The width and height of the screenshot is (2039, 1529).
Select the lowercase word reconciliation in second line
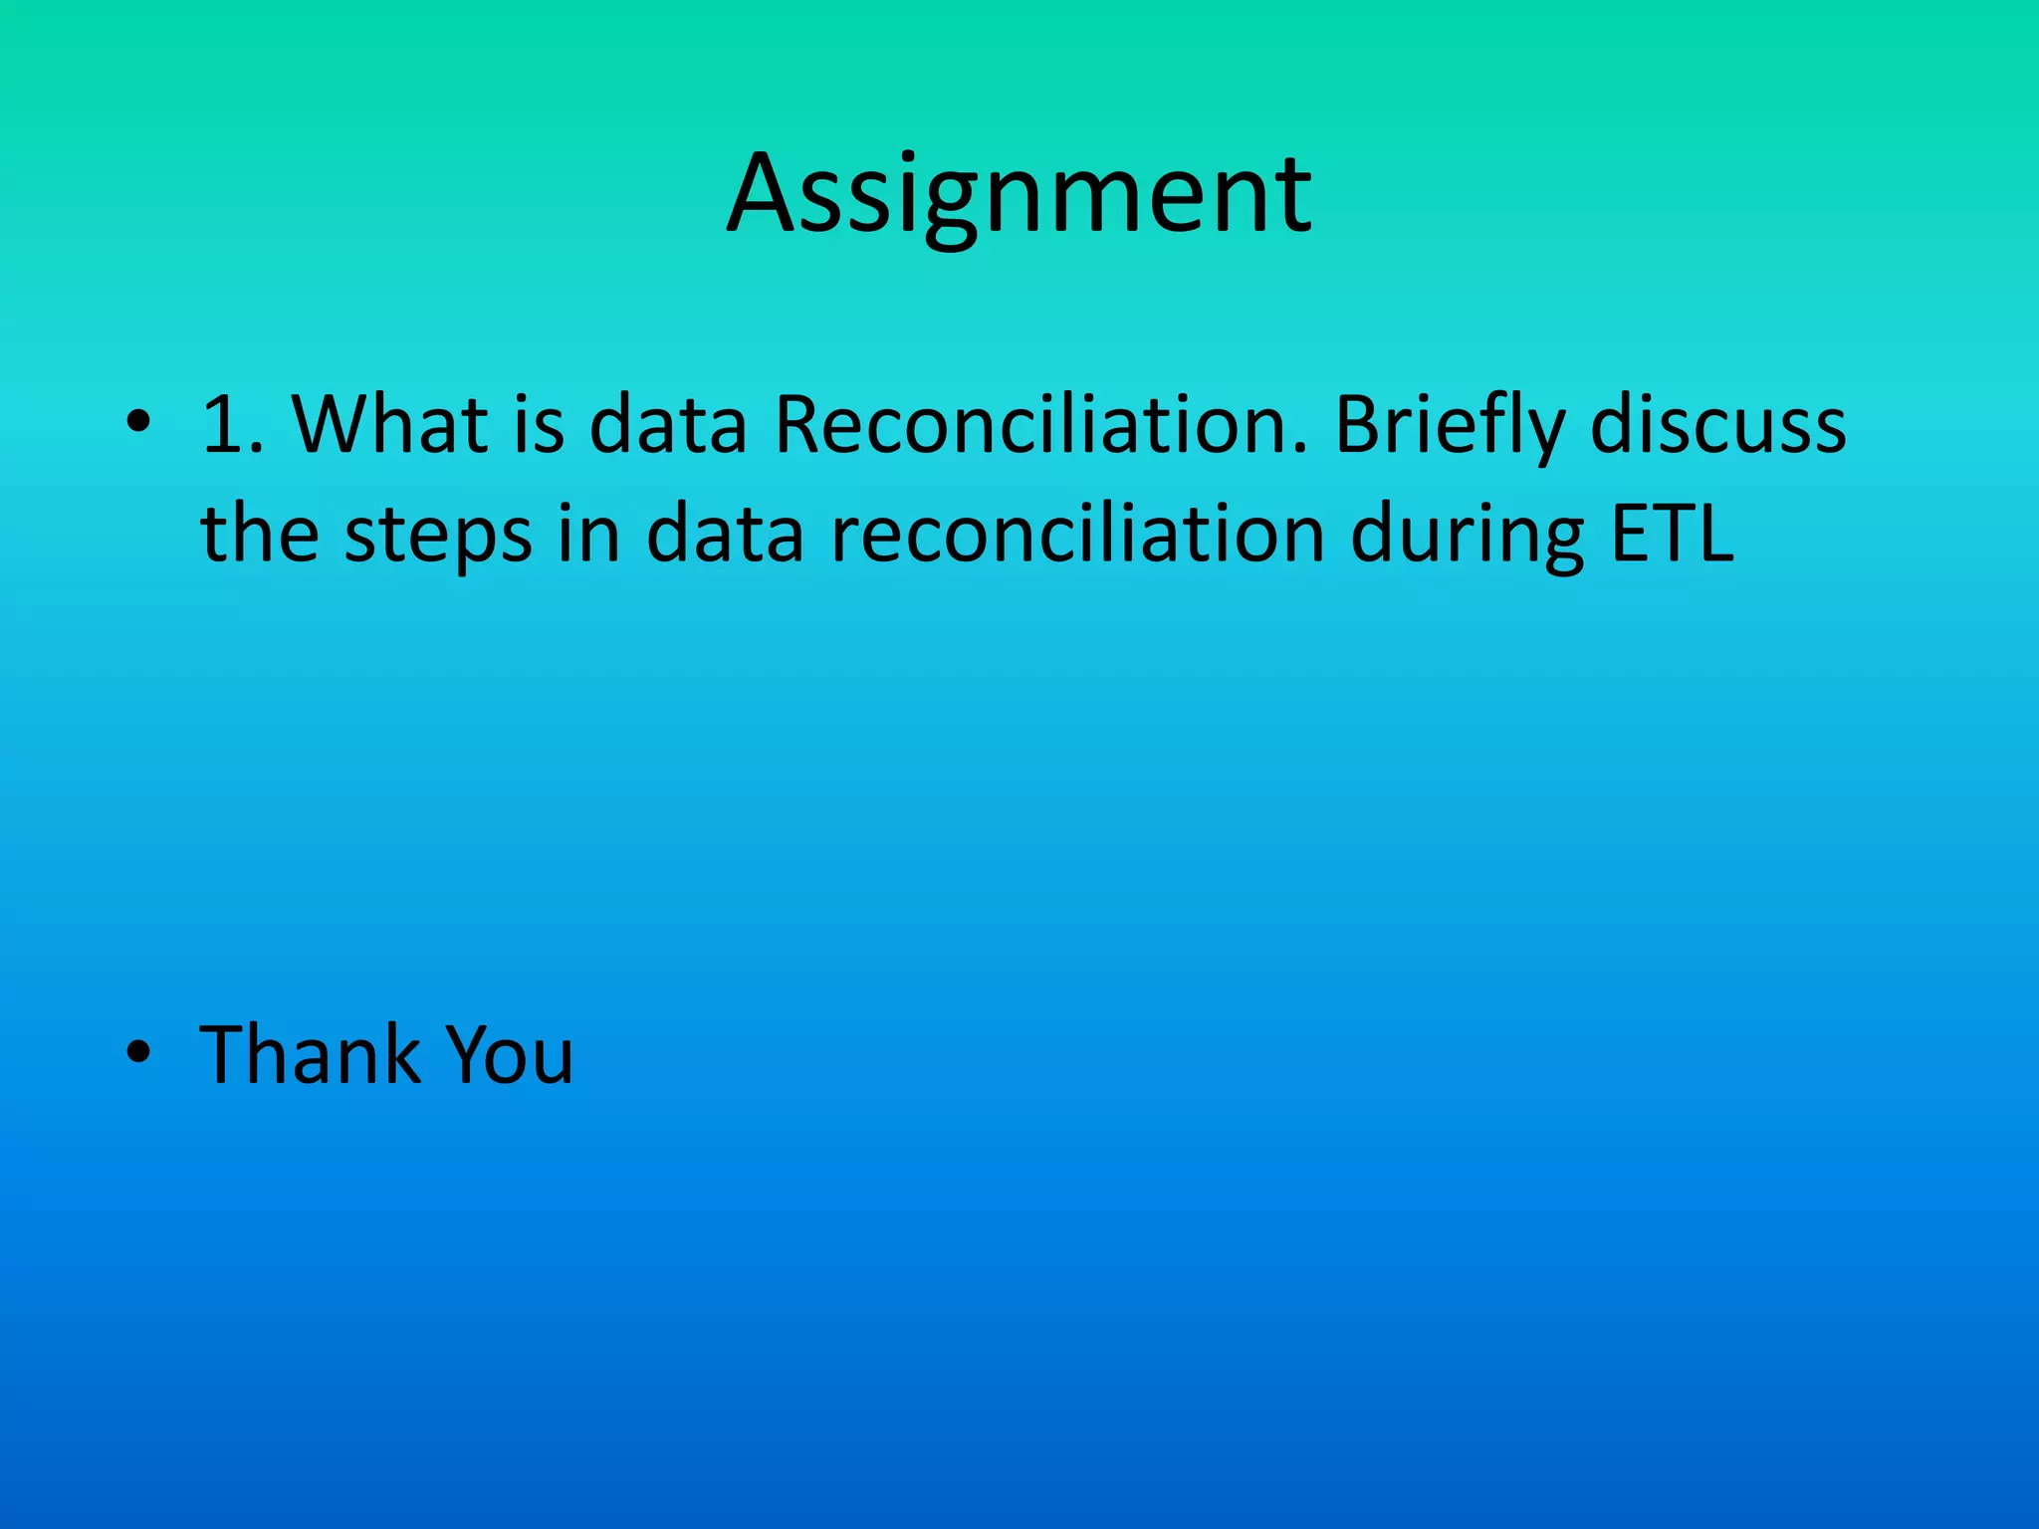pos(1077,535)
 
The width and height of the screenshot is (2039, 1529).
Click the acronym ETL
pos(1673,535)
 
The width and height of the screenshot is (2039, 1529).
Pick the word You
pos(509,1054)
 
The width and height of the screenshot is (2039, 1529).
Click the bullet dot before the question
pos(138,423)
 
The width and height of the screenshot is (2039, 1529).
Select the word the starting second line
pos(260,535)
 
